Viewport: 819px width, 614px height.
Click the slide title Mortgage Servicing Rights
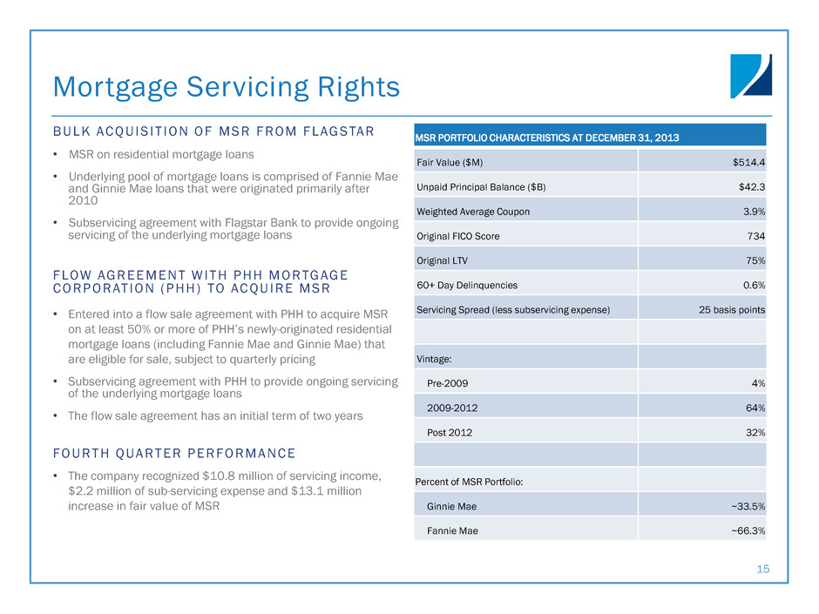pyautogui.click(x=227, y=86)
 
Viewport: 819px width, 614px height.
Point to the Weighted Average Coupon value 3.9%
pyautogui.click(x=753, y=211)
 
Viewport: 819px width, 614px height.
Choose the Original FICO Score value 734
pyautogui.click(x=756, y=235)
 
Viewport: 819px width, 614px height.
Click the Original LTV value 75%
pyautogui.click(x=755, y=260)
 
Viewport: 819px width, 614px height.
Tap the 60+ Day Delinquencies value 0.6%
pyautogui.click(x=753, y=285)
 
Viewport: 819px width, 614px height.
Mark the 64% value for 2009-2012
pyautogui.click(x=755, y=408)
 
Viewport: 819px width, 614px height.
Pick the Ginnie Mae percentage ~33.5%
pyautogui.click(x=747, y=506)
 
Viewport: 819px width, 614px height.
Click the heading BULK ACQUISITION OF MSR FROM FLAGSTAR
pyautogui.click(x=213, y=132)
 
